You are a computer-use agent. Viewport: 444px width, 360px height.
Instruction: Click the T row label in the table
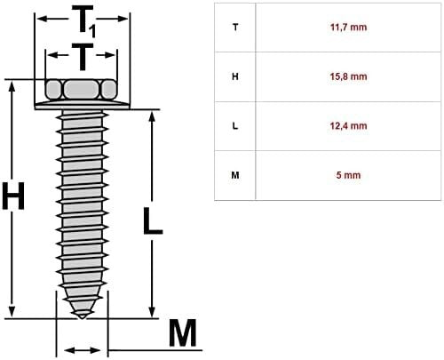[234, 28]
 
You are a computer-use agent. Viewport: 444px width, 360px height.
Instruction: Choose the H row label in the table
[234, 76]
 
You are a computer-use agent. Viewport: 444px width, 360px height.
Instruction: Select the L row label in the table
[234, 125]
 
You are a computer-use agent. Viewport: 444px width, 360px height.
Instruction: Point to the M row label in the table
[234, 175]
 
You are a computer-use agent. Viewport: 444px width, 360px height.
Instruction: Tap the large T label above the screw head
[81, 57]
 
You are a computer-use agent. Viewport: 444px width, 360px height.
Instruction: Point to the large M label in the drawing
[182, 334]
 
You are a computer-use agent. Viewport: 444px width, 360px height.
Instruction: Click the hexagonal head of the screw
[81, 90]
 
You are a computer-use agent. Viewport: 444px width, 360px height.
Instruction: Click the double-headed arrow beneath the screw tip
[81, 349]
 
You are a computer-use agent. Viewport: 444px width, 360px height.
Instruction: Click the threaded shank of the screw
[81, 204]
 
